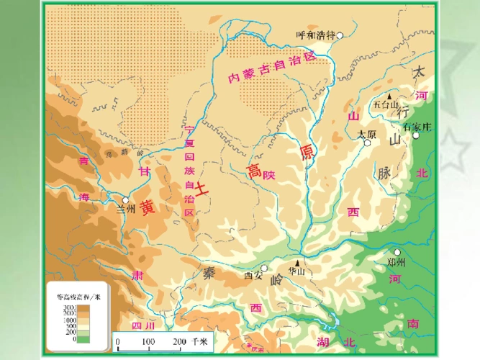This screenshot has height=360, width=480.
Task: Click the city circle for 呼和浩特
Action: (340, 34)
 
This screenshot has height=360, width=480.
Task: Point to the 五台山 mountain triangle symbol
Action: (389, 96)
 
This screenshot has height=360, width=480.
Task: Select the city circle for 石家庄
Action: (415, 135)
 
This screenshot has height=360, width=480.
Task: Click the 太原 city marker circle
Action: (367, 143)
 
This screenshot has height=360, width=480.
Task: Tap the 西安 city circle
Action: (264, 268)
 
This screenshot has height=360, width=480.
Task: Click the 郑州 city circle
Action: (397, 252)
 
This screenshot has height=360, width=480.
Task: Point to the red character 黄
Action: (147, 207)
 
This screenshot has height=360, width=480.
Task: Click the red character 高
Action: (253, 171)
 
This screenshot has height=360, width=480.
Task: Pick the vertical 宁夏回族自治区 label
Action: (189, 172)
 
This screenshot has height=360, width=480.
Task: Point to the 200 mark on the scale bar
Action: (179, 341)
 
